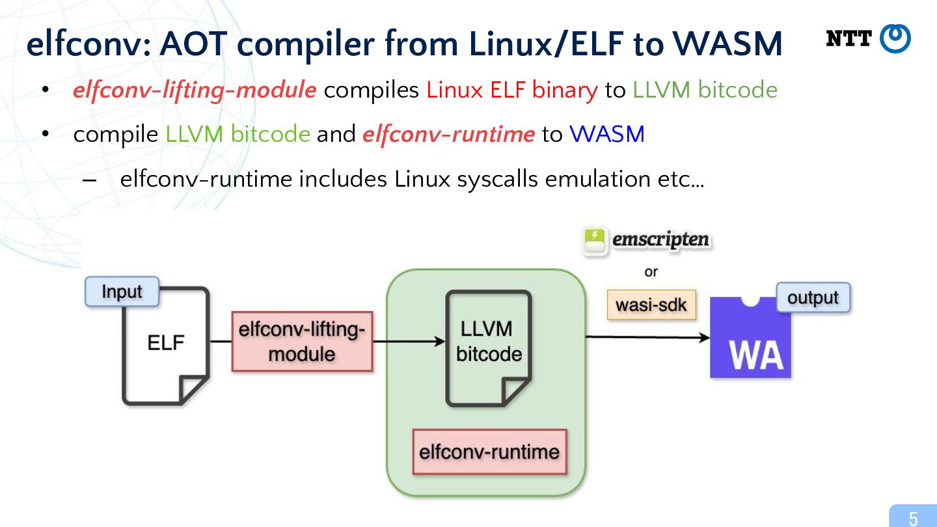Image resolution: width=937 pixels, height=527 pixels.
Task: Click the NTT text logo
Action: point(849,38)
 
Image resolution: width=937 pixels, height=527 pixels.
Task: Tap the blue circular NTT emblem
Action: point(895,38)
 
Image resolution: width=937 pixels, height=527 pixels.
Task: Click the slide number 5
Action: point(913,519)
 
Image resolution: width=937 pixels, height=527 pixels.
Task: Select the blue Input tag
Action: point(122,291)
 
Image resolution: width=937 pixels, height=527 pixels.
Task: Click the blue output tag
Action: point(813,297)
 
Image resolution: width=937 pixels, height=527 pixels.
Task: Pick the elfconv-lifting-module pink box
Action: point(302,342)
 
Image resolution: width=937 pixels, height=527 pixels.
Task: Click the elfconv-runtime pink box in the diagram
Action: point(489,452)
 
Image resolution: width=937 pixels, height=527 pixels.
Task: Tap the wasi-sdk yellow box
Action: point(651,305)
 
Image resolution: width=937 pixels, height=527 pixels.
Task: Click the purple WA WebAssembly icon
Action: point(750,337)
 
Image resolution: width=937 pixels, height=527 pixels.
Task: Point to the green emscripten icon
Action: point(594,241)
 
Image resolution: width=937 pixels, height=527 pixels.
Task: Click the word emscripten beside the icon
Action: point(661,239)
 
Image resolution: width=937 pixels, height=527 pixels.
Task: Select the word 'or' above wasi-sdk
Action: point(651,272)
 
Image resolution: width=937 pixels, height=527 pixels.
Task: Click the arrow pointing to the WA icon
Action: point(647,337)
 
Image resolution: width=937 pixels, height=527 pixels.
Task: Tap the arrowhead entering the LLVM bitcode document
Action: point(440,342)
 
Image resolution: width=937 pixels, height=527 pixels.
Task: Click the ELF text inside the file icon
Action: point(166,343)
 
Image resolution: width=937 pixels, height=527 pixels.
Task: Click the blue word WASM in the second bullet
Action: point(607,134)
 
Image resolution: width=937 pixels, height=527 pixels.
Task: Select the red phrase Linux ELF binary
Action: point(512,90)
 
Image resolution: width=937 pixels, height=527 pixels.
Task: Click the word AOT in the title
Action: point(193,44)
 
